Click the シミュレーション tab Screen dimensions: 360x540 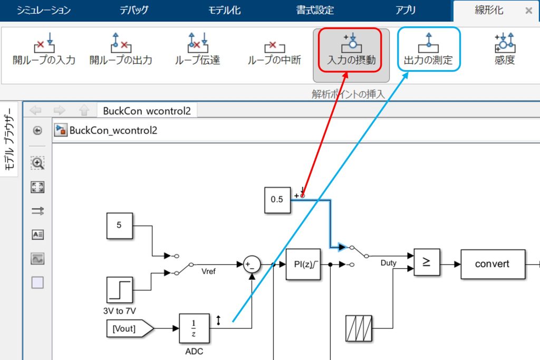(x=44, y=11)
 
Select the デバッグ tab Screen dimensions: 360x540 (x=134, y=11)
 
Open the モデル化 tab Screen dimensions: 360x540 (x=224, y=11)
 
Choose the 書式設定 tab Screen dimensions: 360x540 (x=315, y=11)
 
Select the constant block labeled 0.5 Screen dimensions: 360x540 (x=277, y=200)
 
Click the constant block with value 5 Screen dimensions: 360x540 (x=119, y=225)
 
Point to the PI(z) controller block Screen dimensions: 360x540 (x=303, y=264)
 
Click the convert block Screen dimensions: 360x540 (x=493, y=264)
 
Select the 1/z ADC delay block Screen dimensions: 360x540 (x=194, y=329)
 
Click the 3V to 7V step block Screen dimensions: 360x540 (x=119, y=290)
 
